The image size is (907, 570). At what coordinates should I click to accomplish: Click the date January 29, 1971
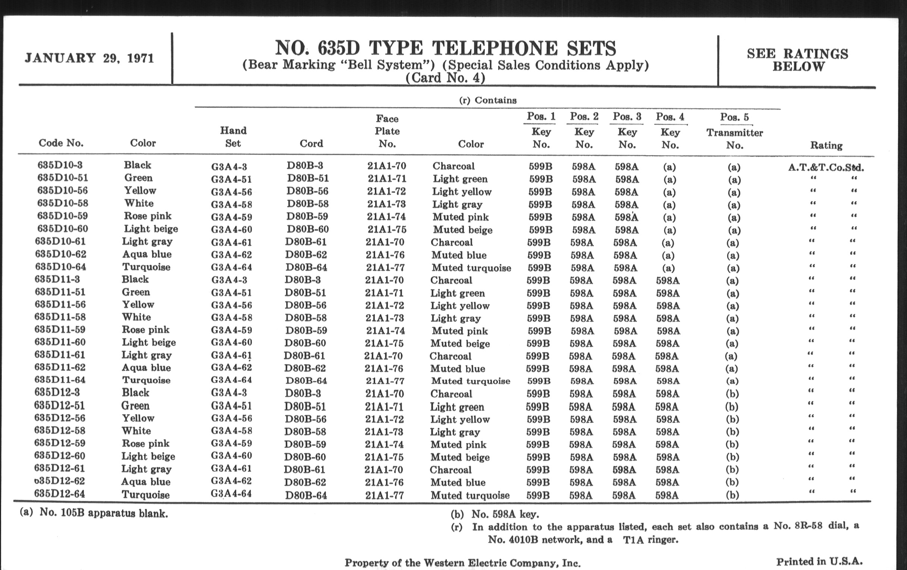click(89, 58)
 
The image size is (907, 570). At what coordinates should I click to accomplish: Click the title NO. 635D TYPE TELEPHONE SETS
click(445, 48)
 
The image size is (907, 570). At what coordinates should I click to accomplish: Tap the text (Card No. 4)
click(445, 78)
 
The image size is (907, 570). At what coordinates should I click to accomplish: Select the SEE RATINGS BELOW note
click(797, 60)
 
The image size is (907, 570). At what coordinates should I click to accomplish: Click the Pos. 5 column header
click(734, 117)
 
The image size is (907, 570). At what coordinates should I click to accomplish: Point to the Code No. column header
click(61, 143)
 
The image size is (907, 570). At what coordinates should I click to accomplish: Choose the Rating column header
click(826, 145)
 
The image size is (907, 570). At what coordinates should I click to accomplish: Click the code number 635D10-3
click(60, 165)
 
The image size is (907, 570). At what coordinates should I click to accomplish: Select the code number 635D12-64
click(60, 493)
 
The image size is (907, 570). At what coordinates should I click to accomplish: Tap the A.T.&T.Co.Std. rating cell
click(826, 167)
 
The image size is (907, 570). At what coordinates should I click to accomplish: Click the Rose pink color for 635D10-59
click(148, 216)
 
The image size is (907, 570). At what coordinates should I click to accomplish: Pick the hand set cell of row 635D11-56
click(231, 305)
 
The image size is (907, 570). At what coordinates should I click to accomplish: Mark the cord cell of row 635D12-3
click(303, 393)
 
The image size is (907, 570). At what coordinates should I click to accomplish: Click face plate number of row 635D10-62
click(385, 255)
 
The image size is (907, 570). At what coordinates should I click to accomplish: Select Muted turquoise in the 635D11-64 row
click(470, 381)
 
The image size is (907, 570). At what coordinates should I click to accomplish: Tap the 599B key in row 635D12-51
click(537, 407)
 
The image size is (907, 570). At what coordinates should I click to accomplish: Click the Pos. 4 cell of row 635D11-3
click(668, 281)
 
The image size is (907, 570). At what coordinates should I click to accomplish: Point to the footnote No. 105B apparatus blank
click(104, 513)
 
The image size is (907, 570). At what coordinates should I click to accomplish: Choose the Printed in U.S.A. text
click(819, 561)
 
